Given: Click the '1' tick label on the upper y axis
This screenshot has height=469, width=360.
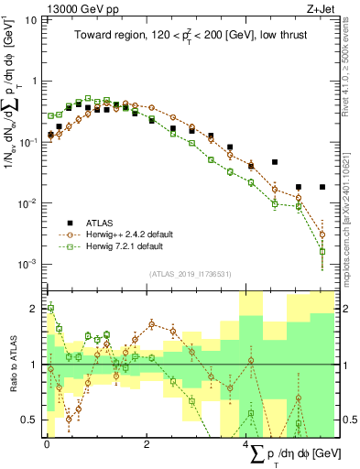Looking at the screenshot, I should [x=35, y=81].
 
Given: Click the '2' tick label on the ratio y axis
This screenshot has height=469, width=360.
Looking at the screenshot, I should [x=35, y=308].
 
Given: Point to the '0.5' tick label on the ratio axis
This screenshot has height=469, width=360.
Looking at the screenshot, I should [x=31, y=420].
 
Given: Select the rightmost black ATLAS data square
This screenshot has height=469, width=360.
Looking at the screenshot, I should [x=322, y=187].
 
